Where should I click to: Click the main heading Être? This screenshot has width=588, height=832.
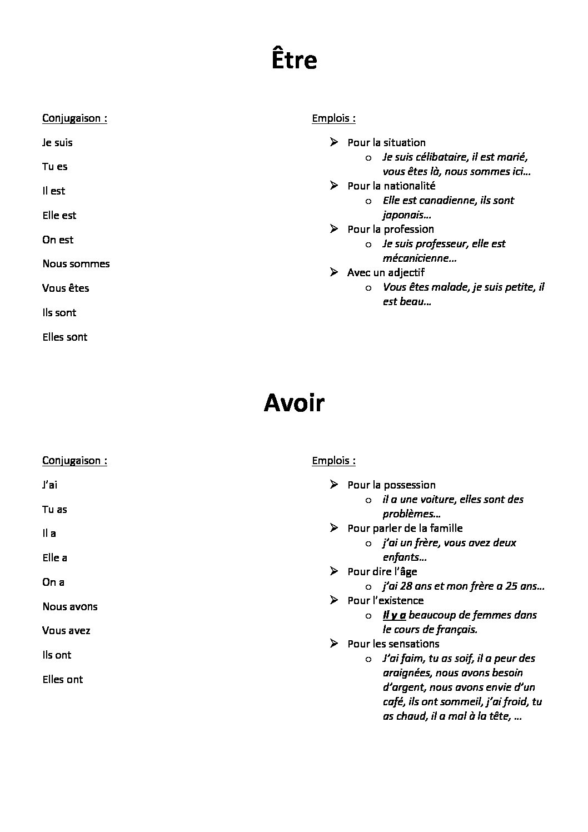[294, 60]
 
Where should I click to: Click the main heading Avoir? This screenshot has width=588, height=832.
[294, 403]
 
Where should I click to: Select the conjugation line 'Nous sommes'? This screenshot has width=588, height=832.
[76, 264]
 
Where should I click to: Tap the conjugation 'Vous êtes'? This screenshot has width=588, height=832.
[66, 288]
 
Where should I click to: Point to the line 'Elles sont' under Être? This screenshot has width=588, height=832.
[64, 337]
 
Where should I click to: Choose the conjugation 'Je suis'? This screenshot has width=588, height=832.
[57, 143]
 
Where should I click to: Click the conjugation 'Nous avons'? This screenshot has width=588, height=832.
[69, 607]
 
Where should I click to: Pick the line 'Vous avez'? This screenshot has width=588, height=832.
[66, 631]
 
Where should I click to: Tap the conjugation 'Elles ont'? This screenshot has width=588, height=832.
[62, 680]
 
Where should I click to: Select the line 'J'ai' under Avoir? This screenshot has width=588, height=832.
[49, 485]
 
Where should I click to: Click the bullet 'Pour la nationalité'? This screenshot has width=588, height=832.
[391, 186]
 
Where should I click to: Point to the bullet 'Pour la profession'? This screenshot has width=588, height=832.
[390, 230]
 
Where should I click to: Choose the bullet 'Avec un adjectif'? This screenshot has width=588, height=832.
[386, 273]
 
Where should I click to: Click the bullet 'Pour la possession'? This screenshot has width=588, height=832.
[391, 485]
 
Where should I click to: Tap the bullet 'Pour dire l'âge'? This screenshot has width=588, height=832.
[382, 572]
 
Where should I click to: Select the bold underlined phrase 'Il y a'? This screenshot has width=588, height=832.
[394, 615]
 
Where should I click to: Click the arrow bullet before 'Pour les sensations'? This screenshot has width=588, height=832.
[333, 644]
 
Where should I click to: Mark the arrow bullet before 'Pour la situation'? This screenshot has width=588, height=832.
[333, 142]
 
